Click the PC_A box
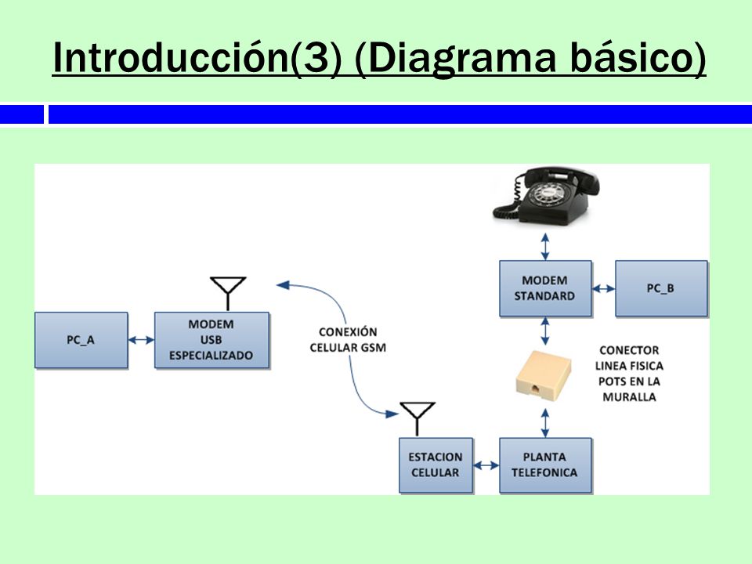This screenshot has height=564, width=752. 81,340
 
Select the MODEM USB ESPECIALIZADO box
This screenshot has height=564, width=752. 211,340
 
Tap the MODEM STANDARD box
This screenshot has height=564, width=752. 545,288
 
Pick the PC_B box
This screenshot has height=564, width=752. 661,288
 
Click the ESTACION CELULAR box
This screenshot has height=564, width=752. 436,465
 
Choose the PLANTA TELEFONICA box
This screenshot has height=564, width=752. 545,465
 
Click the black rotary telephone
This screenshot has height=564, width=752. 547,196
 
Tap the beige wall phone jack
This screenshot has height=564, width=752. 544,375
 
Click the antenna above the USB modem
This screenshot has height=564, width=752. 228,292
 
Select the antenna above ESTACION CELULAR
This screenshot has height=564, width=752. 418,418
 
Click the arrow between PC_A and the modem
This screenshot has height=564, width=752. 142,340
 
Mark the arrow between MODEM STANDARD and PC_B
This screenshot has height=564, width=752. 603,288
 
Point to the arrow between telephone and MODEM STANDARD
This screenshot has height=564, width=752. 545,247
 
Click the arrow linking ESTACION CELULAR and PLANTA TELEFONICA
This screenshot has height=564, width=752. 486,465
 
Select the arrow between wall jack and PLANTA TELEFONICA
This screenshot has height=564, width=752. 545,422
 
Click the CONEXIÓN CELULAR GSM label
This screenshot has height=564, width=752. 348,339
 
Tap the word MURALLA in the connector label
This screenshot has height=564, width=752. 629,397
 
